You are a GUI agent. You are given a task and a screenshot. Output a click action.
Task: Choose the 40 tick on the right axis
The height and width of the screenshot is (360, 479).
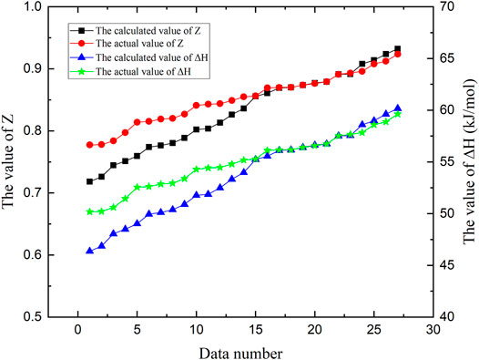coord(443,317)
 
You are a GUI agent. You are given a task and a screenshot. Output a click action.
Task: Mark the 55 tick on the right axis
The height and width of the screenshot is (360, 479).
coord(443,162)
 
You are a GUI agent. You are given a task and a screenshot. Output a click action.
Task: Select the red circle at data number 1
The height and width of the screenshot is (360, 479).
coord(89,145)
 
